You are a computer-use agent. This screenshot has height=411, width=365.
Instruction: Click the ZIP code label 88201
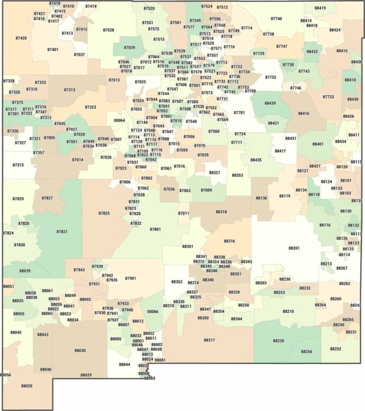pos(294,248)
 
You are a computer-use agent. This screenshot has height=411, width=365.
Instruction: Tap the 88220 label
pos(278,341)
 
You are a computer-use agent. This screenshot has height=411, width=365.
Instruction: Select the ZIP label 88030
pos(80,351)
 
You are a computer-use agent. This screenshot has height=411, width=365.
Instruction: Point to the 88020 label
pos(26,386)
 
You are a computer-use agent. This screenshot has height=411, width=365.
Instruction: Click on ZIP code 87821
pos(62,232)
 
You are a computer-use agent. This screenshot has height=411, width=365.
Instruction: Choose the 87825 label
pos(104,213)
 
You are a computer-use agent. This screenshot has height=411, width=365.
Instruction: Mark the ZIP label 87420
pos(21,38)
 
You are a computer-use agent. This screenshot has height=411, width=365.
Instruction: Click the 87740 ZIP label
pos(276,19)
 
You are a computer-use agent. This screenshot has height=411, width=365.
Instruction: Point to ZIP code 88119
pos(284,196)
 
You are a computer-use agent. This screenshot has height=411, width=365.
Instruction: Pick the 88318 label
pos(221,211)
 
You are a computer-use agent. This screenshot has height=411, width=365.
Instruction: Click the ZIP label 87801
pos(155,229)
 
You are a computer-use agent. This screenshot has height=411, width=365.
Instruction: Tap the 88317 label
pos(209,340)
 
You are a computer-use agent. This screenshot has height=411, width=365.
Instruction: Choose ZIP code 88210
pos(288,311)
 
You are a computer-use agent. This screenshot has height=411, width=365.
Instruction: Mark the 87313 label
pos(69,90)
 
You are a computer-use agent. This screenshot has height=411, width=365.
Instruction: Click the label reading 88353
pos(237,175)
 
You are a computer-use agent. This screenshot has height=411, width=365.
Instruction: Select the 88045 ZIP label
pos(16,332)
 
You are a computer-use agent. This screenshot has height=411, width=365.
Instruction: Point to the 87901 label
pos(130,278)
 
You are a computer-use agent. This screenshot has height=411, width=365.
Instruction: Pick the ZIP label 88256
pos(306,352)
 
